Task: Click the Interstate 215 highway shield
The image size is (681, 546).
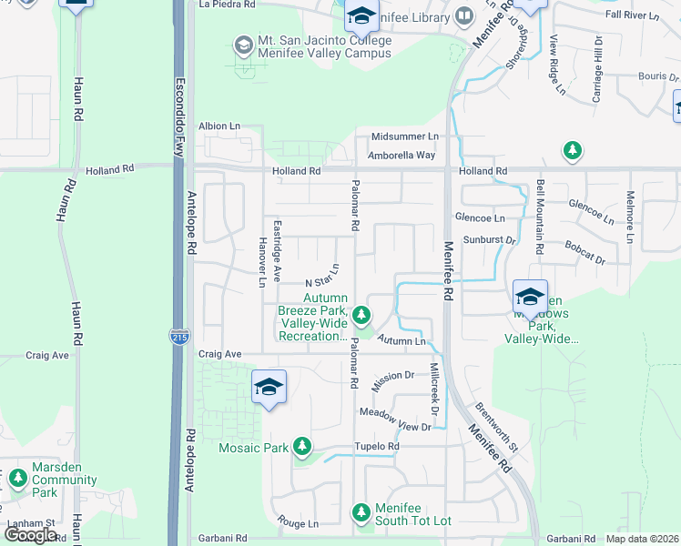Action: tap(178, 338)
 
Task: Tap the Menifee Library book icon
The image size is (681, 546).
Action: tap(464, 16)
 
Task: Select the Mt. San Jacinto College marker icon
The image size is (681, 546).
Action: tap(242, 45)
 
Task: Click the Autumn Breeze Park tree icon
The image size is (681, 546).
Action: tap(361, 316)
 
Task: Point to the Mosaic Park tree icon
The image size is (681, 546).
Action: tap(302, 448)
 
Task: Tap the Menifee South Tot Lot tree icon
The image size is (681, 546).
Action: tap(361, 513)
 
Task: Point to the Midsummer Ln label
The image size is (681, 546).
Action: tap(404, 136)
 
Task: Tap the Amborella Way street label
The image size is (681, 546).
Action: tap(401, 156)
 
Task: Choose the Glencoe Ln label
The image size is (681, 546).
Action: tap(480, 218)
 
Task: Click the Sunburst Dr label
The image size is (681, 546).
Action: tap(490, 240)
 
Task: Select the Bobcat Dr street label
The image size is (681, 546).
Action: tap(584, 253)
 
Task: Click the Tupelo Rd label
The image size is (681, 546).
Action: tap(380, 447)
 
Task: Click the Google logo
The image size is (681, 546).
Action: tap(30, 535)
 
